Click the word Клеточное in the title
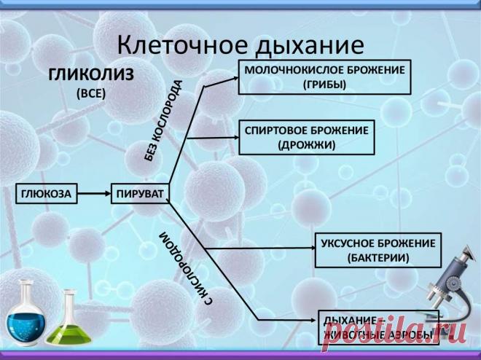click(x=181, y=45)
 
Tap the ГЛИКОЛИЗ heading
click(x=95, y=74)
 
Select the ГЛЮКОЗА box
click(x=46, y=194)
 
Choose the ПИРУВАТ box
click(x=140, y=194)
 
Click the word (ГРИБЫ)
click(x=325, y=85)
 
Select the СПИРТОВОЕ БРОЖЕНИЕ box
click(x=306, y=137)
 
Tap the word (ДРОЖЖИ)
click(x=306, y=144)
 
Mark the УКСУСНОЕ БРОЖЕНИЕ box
click(x=377, y=250)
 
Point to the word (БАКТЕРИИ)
click(x=377, y=258)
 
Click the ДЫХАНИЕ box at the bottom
click(x=378, y=327)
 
